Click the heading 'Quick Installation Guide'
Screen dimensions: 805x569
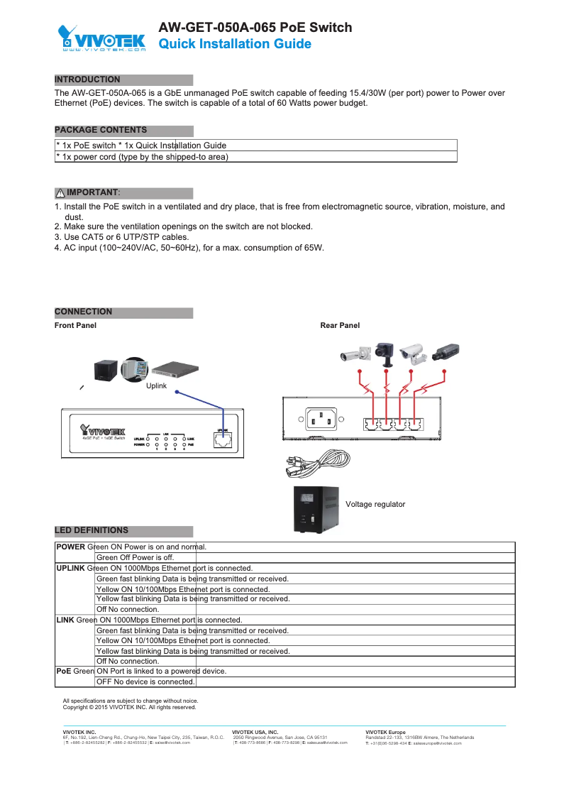[234, 44]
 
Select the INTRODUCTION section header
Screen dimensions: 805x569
[87, 80]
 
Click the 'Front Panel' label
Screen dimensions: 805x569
[75, 325]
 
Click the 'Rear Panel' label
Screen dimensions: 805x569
[340, 325]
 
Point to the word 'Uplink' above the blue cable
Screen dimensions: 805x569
[155, 385]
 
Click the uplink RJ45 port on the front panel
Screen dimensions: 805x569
[223, 439]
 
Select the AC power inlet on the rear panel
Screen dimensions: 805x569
[321, 420]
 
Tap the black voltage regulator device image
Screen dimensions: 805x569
[316, 508]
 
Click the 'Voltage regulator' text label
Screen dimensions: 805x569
[375, 504]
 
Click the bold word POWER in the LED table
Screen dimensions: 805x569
[70, 547]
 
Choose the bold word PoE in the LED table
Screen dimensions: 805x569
[63, 671]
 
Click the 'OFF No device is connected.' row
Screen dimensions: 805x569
[145, 681]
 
